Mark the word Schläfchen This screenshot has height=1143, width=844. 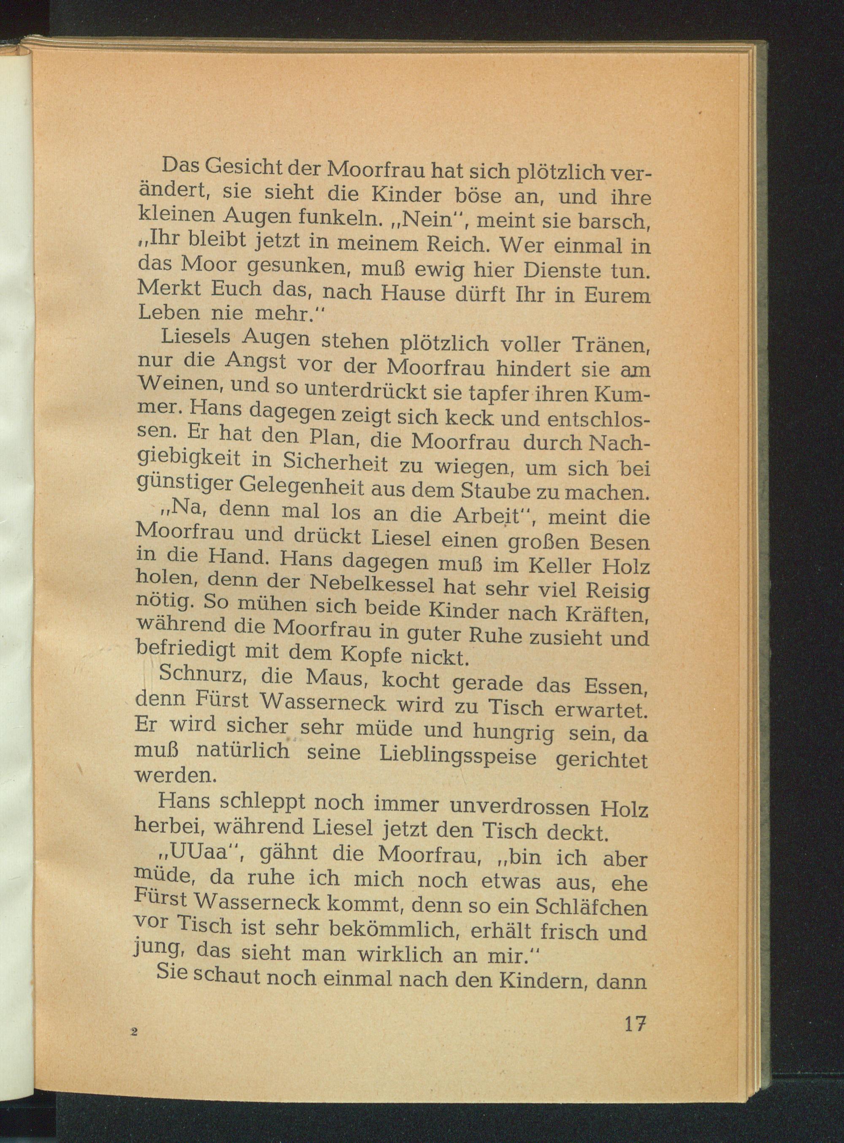point(591,907)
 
